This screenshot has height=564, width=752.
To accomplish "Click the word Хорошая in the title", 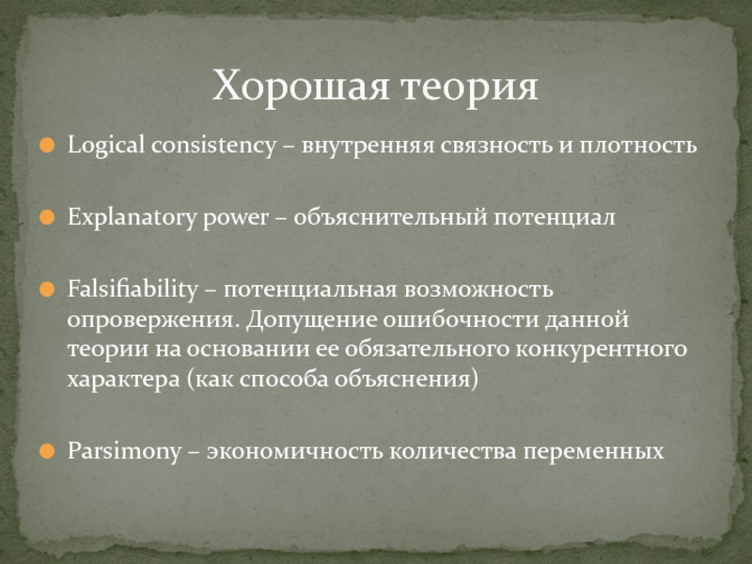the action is [300, 86].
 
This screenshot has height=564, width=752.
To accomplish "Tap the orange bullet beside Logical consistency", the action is [47, 146].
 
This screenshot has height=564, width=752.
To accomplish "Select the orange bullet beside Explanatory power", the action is [47, 217].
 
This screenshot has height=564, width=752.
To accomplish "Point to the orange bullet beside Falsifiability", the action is [47, 290].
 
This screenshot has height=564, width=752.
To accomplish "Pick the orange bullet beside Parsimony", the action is [47, 451].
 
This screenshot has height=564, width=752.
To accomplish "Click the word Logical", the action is [106, 146].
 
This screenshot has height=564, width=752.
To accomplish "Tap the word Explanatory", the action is [132, 218].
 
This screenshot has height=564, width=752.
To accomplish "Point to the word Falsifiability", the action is [133, 290].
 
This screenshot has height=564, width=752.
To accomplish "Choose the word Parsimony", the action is [125, 452].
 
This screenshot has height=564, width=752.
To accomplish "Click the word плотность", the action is [638, 146].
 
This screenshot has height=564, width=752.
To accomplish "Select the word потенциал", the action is [555, 219].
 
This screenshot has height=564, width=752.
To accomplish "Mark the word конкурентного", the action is [602, 349].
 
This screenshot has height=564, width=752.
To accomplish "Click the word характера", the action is [124, 381].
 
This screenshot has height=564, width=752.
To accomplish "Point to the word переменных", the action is [593, 452].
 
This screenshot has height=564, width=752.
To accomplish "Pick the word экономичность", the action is [295, 452].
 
